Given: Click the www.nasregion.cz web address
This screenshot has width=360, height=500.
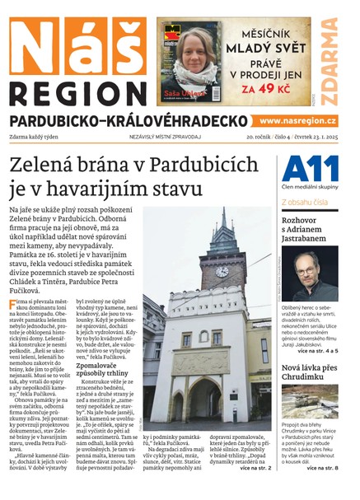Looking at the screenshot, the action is click(299, 121).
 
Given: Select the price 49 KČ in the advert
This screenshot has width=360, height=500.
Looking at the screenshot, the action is click(271, 86).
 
